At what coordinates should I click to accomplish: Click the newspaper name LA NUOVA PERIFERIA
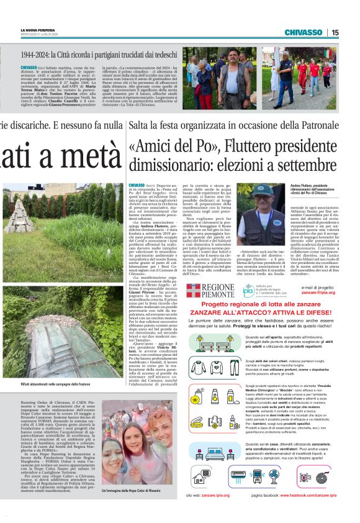pos(40,30)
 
